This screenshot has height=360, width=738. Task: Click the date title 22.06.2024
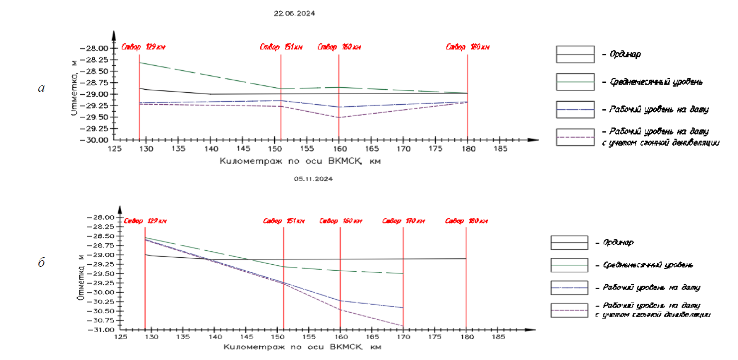click(x=294, y=13)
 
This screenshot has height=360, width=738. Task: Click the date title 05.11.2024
click(x=313, y=178)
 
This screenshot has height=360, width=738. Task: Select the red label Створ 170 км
click(x=403, y=221)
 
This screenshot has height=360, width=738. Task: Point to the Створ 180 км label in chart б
click(x=466, y=221)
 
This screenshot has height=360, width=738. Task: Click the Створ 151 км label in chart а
click(x=281, y=47)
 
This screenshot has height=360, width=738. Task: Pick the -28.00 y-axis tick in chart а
click(x=98, y=48)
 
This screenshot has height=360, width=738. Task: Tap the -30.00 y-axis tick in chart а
click(x=98, y=140)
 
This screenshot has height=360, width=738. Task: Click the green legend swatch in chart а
click(x=575, y=82)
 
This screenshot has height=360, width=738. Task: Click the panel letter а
click(x=42, y=89)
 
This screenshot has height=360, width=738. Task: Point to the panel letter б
click(x=42, y=263)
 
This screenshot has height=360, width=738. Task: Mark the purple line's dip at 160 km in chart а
click(x=339, y=118)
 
